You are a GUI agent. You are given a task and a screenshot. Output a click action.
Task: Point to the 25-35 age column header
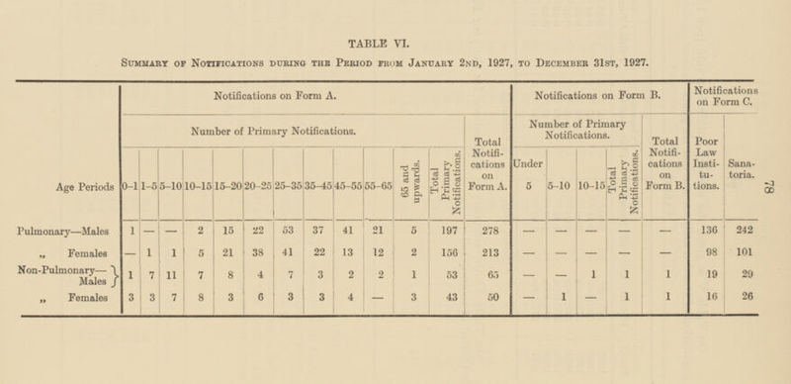click(289, 185)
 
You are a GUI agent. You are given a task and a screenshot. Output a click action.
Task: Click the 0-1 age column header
click(130, 185)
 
